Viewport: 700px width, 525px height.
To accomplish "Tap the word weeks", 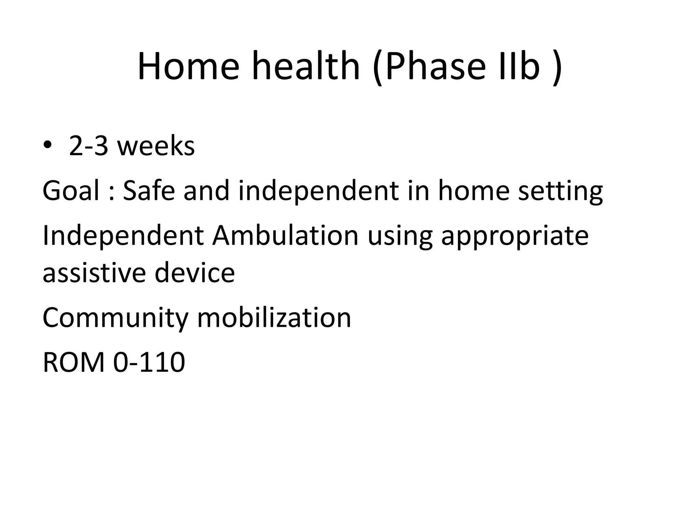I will pos(156,146).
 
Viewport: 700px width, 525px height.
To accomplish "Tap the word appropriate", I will pos(515,237).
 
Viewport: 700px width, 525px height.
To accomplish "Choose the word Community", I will pos(115,318).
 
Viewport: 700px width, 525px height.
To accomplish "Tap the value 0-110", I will pos(149,362).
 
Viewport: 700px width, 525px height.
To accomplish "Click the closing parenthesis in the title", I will pos(557,67).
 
